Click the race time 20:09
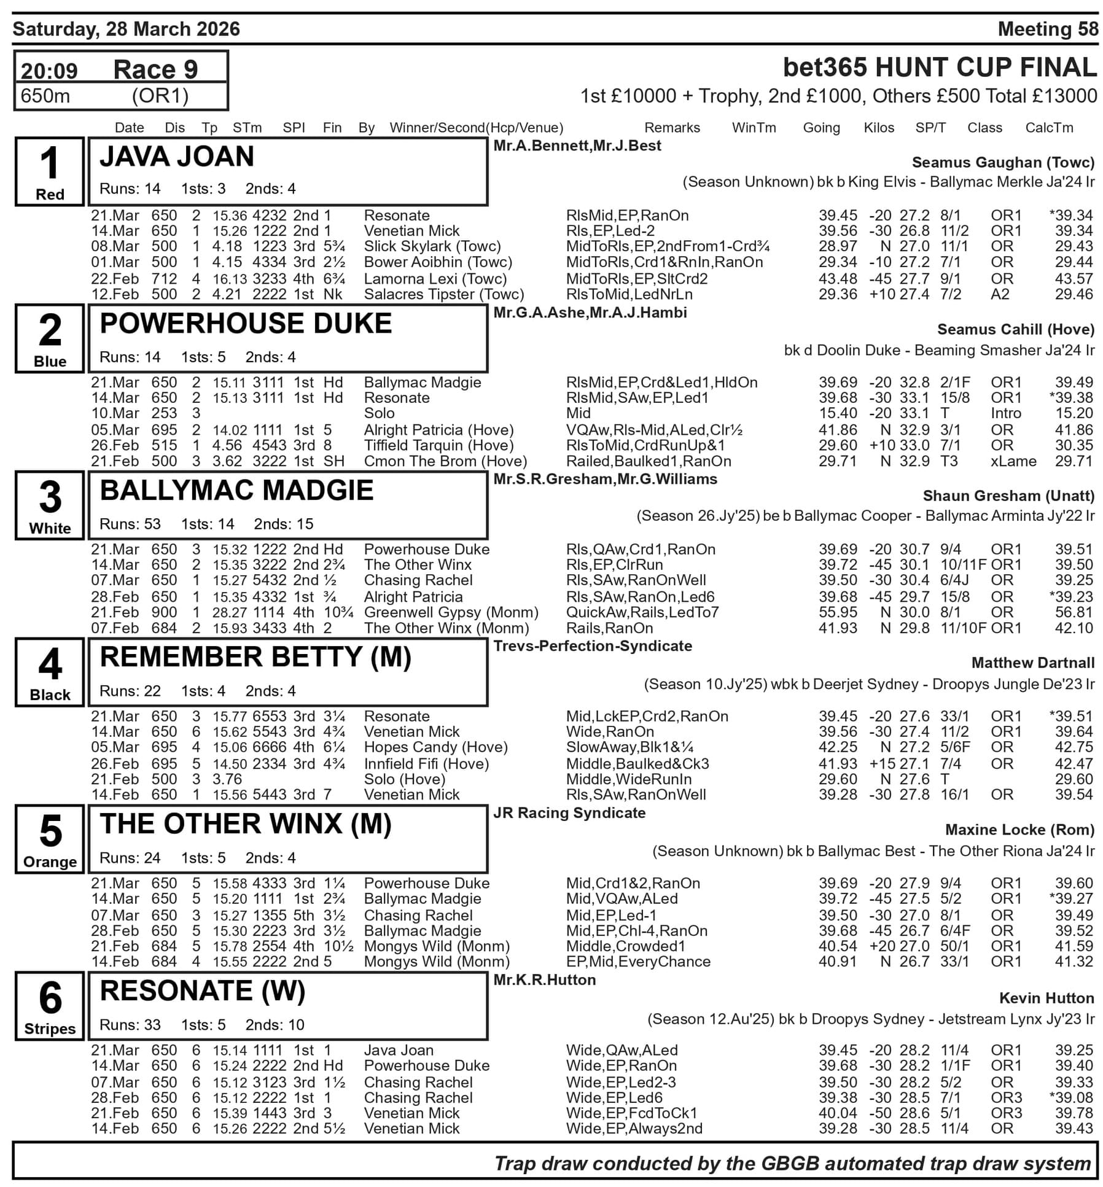coord(49,71)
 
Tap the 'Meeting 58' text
coord(1048,29)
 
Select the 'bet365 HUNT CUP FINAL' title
coord(940,68)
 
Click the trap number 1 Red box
coord(50,171)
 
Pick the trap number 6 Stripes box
coord(50,1006)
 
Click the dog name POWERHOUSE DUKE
coord(246,324)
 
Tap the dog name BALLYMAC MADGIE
coord(236,491)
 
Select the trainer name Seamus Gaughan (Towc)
coord(1003,162)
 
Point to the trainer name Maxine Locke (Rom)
coord(1019,830)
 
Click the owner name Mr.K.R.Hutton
coord(544,979)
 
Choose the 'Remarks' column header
coord(672,128)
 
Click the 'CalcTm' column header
coord(1049,128)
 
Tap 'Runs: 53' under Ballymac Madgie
coord(130,524)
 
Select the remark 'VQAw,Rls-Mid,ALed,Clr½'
coord(654,430)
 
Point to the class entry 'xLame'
coord(1013,461)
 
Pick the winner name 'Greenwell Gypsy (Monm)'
coord(451,612)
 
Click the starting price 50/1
coord(954,946)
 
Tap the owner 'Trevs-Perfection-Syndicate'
coord(593,646)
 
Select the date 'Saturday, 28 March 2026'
coord(127,29)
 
